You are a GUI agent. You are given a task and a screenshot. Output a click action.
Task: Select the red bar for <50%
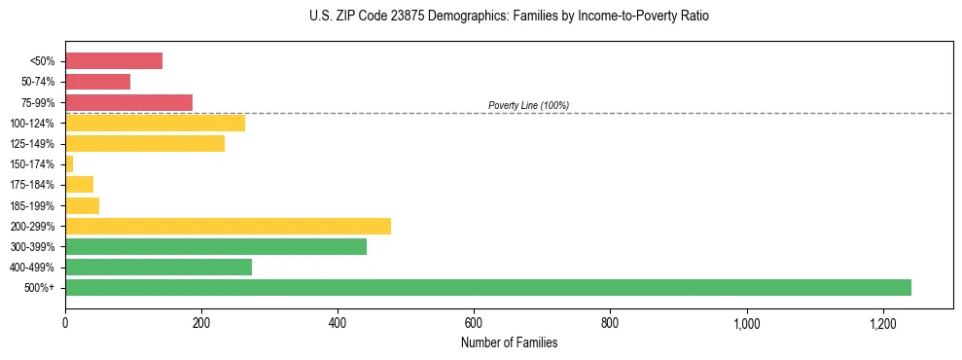click(x=114, y=61)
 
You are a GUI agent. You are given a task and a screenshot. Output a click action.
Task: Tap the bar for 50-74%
click(x=97, y=82)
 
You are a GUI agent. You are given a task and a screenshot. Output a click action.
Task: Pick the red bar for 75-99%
click(x=128, y=102)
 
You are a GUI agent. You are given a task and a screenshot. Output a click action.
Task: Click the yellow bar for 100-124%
click(x=155, y=123)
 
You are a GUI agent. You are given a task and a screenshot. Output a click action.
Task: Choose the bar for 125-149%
click(x=145, y=143)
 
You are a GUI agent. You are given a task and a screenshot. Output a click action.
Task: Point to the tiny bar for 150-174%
click(x=69, y=164)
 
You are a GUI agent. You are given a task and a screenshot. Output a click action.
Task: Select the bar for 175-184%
click(x=79, y=185)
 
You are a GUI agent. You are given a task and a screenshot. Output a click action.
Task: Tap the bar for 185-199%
click(x=82, y=205)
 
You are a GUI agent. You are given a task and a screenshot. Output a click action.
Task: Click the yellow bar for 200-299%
click(x=228, y=226)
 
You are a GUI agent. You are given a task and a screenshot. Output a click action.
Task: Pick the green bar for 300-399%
click(x=216, y=246)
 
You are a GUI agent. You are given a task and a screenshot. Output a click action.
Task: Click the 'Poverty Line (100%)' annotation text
click(x=528, y=105)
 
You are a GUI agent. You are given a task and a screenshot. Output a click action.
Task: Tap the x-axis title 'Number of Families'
click(x=509, y=342)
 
